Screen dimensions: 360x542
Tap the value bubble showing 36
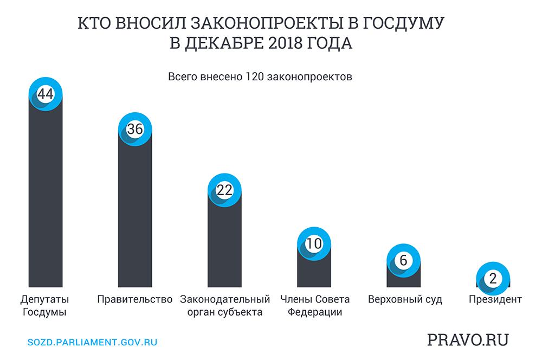tap(135, 129)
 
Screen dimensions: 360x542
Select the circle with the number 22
tap(224, 190)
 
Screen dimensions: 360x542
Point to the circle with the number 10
tap(314, 243)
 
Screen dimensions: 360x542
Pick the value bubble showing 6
tap(403, 260)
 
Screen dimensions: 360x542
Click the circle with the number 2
tap(493, 279)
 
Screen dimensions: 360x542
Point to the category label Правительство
tap(135, 299)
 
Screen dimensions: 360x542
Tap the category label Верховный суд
tap(404, 299)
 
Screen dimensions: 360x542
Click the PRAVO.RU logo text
tap(468, 340)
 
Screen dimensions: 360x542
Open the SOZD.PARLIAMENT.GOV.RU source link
tap(92, 343)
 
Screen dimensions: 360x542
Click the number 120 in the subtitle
tap(255, 76)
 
